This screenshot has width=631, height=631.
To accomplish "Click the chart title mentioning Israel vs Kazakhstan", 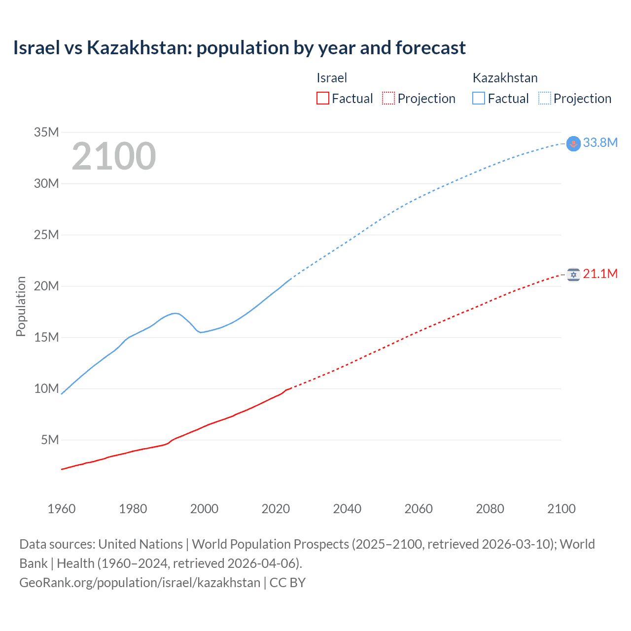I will point(239,48).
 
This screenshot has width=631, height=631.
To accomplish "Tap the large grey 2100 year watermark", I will point(114,156).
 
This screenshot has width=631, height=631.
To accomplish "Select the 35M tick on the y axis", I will point(46,132).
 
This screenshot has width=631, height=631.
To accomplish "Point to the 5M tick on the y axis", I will point(50,440).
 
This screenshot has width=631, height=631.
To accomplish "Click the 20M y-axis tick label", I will point(46,286).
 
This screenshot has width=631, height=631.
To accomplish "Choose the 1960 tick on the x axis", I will point(62,509).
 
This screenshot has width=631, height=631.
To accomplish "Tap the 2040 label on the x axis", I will point(347,509).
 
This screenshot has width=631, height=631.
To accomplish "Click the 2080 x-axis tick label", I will point(490,509).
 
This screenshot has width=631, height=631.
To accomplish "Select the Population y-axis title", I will point(21,307).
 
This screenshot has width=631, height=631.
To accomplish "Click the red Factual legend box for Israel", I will point(323,99).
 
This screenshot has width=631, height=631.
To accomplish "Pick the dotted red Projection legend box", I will point(388,99).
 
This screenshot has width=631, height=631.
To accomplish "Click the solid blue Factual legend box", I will point(479,99).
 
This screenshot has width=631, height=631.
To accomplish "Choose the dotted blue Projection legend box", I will point(545,99).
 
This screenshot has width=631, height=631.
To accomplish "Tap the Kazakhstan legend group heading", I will point(505,78).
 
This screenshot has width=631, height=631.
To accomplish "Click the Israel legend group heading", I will point(332,78).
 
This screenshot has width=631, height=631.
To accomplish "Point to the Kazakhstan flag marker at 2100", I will point(573,143).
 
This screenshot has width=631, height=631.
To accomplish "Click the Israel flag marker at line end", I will point(573,275).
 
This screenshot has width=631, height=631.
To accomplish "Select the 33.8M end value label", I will point(600,142).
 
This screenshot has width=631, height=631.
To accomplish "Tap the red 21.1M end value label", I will point(600,274).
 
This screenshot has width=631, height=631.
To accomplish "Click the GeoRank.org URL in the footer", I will point(140,583).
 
